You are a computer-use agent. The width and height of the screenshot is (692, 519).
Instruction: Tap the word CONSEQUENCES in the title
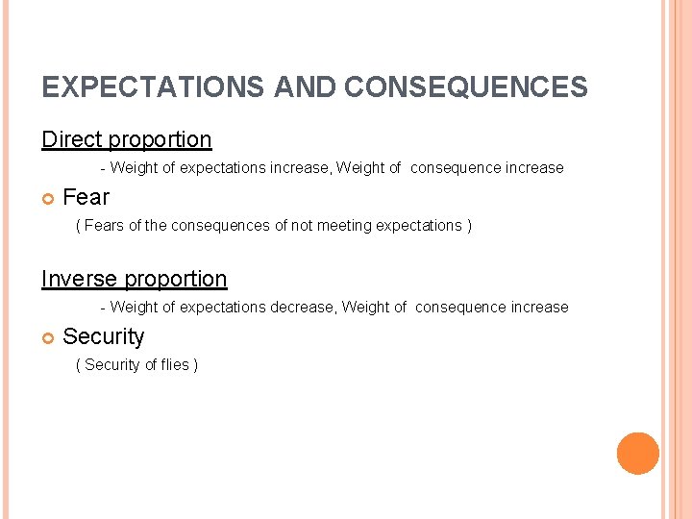pyautogui.click(x=465, y=87)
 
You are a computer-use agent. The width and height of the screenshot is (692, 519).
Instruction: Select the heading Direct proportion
pyautogui.click(x=126, y=139)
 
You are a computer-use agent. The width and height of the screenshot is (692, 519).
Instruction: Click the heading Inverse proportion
pyautogui.click(x=134, y=279)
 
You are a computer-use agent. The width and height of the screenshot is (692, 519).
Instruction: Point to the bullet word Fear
pyautogui.click(x=86, y=197)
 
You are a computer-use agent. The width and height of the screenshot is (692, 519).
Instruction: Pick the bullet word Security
pyautogui.click(x=103, y=336)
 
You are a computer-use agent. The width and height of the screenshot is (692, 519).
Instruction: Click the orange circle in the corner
pyautogui.click(x=637, y=453)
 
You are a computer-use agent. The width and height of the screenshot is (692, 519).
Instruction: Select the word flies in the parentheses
pyautogui.click(x=175, y=364)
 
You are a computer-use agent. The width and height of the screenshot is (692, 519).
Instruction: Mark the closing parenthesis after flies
pyautogui.click(x=195, y=364)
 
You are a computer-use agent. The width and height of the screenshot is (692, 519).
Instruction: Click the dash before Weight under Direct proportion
pyautogui.click(x=103, y=168)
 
